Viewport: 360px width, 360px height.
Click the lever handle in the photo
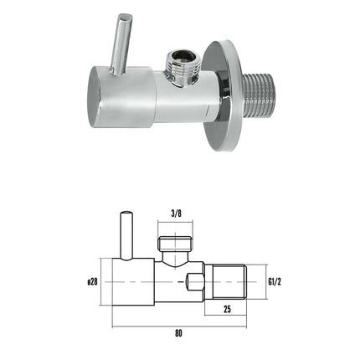124,42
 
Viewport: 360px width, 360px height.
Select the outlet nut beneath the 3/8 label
175,244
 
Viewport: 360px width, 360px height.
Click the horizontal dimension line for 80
180,326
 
